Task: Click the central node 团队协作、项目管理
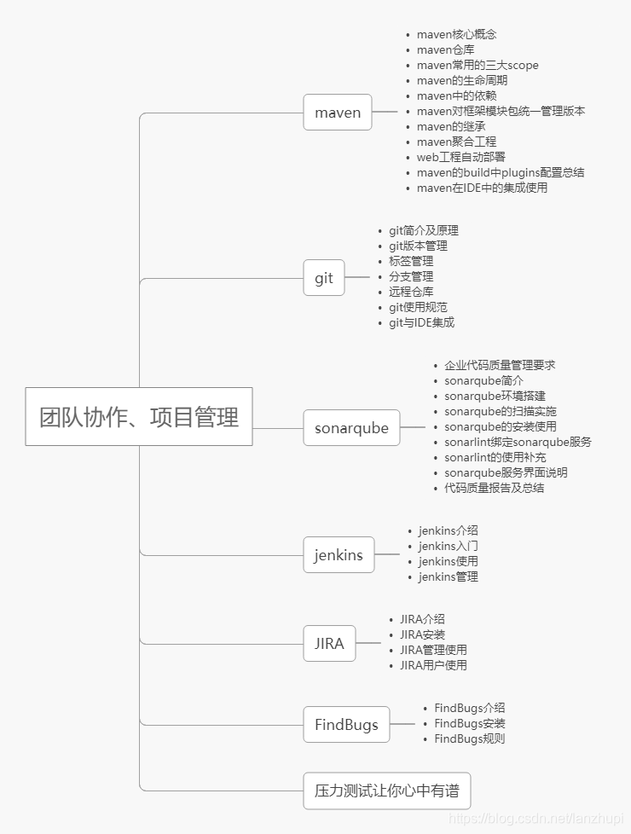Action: (139, 417)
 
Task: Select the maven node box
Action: (338, 113)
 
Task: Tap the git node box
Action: (324, 278)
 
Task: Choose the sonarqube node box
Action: (351, 428)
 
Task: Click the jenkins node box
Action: (339, 555)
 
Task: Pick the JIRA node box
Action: (329, 643)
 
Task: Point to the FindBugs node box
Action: (346, 725)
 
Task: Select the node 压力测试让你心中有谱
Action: (386, 791)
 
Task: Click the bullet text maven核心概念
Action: (456, 34)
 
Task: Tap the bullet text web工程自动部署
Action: (460, 157)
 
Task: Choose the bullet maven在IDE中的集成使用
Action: (482, 188)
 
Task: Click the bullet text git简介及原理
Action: (424, 230)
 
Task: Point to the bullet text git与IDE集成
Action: (421, 322)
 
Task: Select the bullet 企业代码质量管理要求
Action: (500, 365)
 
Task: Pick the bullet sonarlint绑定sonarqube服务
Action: (518, 442)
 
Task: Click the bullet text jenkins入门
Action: (448, 546)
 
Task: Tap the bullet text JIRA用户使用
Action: (433, 665)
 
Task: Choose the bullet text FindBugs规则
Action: (469, 738)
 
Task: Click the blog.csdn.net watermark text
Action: (537, 819)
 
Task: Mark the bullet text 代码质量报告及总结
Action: (494, 488)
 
